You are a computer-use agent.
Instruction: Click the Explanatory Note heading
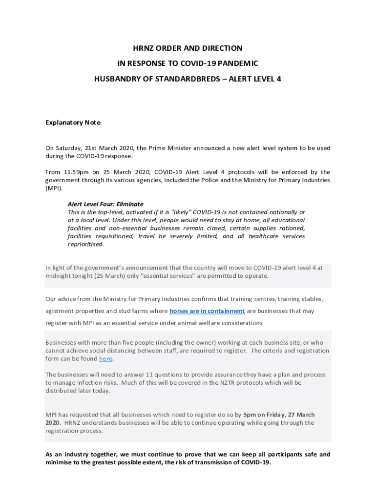[x=73, y=123]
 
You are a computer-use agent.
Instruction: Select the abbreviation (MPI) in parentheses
[x=54, y=188]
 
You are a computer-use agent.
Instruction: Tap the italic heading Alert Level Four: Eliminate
[x=105, y=204]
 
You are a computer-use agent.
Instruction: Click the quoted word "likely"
[x=180, y=212]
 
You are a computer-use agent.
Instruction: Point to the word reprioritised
[x=85, y=245]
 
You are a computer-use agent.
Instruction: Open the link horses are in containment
[x=207, y=311]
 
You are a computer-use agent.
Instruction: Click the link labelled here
[x=105, y=359]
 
